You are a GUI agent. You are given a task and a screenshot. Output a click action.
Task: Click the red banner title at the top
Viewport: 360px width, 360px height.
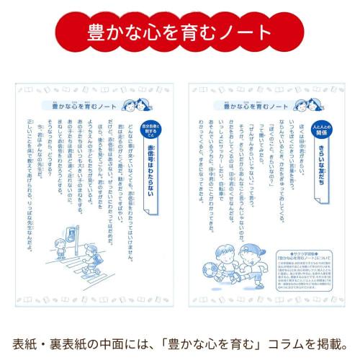point(179,32)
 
